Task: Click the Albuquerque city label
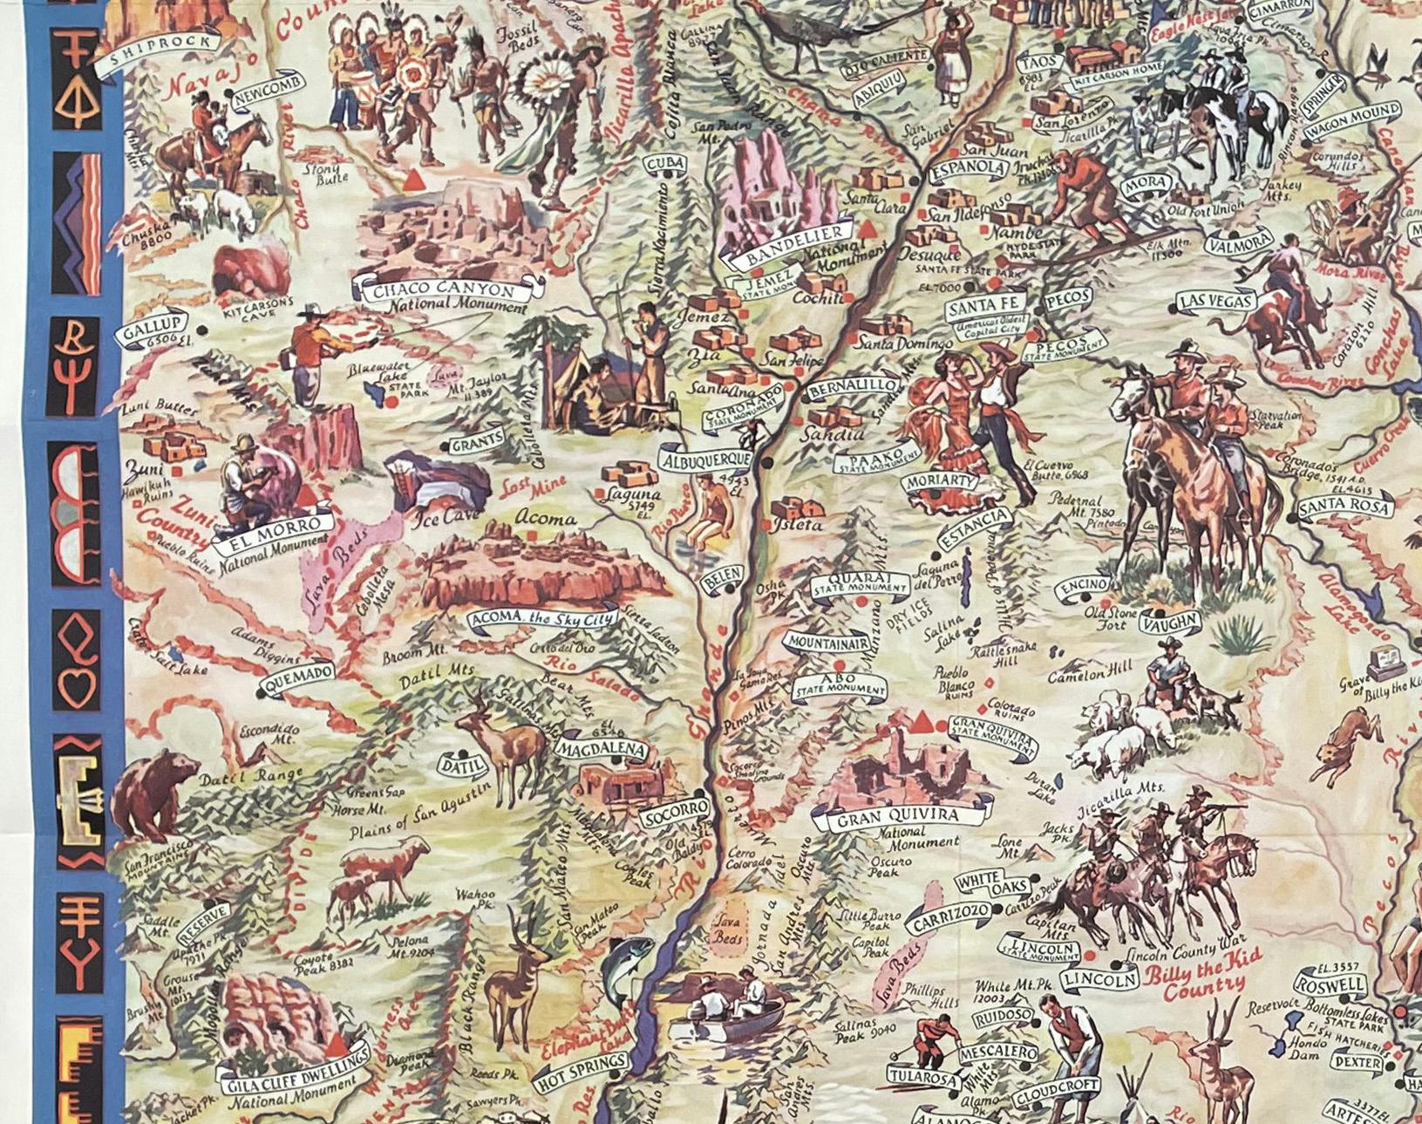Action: tap(705, 459)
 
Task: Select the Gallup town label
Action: tap(153, 330)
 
